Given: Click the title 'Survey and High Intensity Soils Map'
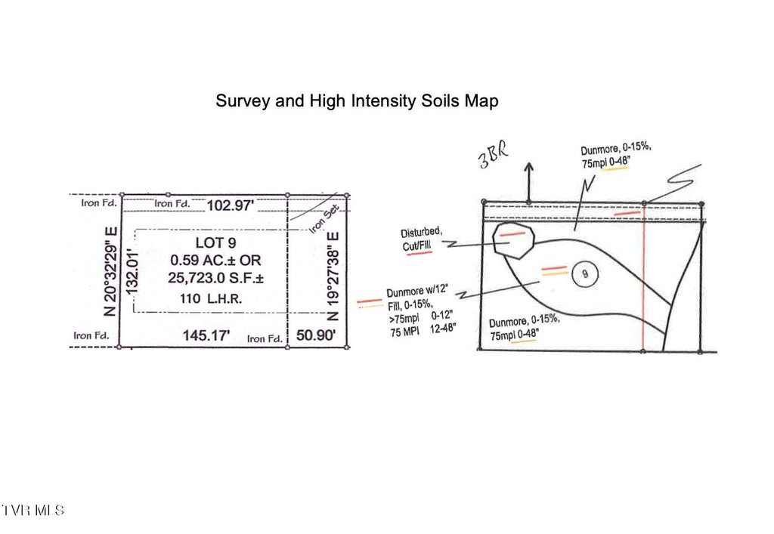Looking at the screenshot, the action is (357, 101).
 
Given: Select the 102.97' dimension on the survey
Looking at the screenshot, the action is (230, 205).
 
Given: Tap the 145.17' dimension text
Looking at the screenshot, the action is (206, 336).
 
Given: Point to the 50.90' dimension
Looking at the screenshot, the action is (316, 335).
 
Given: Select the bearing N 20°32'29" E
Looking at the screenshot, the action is (110, 271).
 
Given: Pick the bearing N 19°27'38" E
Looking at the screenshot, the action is (333, 276).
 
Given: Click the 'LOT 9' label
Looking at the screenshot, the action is (215, 242).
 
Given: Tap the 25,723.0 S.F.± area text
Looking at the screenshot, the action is (215, 278).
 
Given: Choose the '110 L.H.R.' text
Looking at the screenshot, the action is (211, 298).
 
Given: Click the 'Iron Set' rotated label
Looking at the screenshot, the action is (324, 219).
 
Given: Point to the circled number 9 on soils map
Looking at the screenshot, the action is (585, 273).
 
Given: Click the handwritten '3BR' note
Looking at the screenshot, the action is (493, 155).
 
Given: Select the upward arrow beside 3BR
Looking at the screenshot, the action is (528, 182).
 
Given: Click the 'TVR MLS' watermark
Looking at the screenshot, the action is (33, 510).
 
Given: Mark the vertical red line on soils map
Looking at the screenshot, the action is (643, 279).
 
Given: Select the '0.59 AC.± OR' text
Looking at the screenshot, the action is (215, 261).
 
